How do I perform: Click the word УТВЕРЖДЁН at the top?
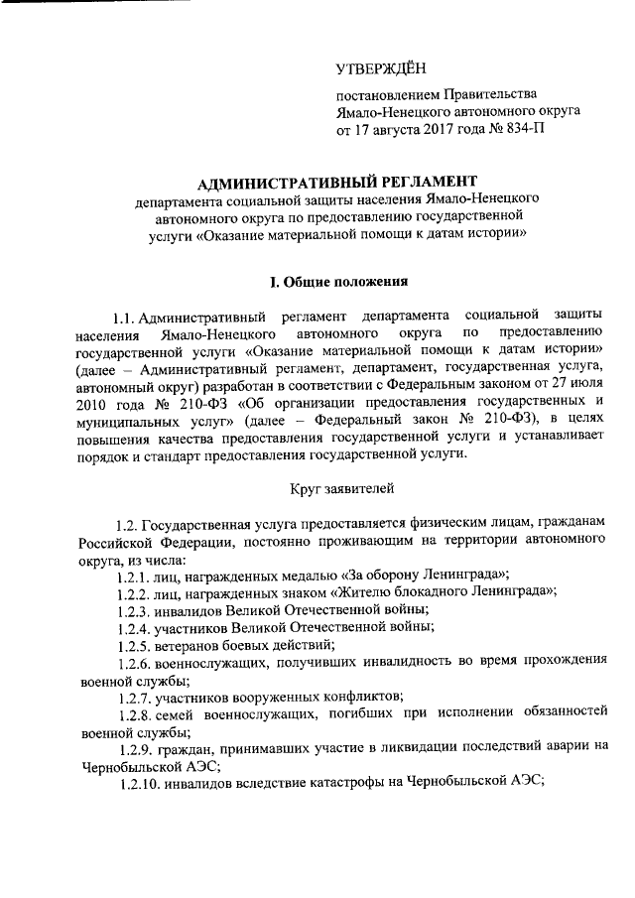point(380,68)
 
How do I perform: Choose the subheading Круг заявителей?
point(342,488)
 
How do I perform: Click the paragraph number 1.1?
point(125,317)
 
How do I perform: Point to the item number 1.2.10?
point(136,781)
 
